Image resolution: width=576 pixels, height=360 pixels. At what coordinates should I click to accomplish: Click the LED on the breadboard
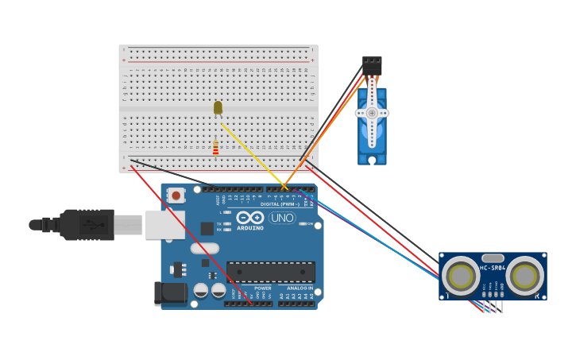tap(218, 107)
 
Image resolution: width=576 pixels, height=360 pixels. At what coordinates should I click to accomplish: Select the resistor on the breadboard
tap(215, 148)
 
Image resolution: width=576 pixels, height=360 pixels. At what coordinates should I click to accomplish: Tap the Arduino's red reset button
tap(175, 195)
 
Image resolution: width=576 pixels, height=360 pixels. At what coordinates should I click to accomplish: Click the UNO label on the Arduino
tap(281, 218)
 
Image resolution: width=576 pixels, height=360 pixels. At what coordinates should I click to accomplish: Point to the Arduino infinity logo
tap(249, 217)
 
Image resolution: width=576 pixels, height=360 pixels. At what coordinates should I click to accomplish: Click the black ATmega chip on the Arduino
tap(270, 272)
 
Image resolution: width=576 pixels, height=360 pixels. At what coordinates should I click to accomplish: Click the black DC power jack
tap(171, 293)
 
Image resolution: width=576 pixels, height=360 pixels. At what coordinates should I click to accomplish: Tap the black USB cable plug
tap(87, 225)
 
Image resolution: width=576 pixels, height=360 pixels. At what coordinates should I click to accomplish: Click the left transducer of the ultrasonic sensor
tap(460, 276)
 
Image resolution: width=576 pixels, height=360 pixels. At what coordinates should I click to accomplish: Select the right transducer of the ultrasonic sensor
tap(525, 276)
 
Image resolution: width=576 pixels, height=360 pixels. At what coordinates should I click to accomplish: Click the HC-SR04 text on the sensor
tap(493, 267)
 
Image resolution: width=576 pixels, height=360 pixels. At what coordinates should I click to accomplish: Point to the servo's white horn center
tap(371, 113)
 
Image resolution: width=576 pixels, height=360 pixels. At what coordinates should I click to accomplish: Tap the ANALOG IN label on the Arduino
tap(300, 288)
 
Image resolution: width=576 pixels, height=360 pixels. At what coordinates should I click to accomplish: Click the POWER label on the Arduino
tap(262, 288)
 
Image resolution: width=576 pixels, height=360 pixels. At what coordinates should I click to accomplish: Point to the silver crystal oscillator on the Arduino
tap(204, 249)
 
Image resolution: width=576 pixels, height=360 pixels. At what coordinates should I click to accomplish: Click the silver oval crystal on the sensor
tap(493, 257)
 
